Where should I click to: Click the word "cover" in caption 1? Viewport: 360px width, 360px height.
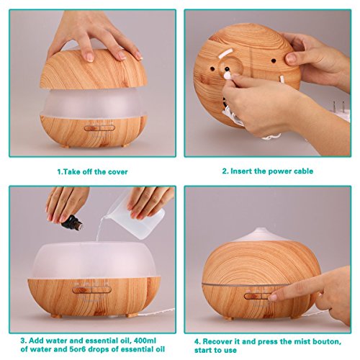pyautogui.click(x=117, y=172)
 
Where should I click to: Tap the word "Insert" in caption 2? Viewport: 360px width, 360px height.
pyautogui.click(x=241, y=171)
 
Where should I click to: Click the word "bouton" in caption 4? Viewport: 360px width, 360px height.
pyautogui.click(x=328, y=341)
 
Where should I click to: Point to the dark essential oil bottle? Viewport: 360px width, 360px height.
pyautogui.click(x=72, y=223)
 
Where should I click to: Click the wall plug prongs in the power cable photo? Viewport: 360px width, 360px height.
pyautogui.click(x=339, y=107)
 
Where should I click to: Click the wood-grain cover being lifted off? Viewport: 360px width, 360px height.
pyautogui.click(x=94, y=70)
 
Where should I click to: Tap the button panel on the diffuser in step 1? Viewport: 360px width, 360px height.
pyautogui.click(x=99, y=128)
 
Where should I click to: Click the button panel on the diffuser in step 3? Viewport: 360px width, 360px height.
pyautogui.click(x=92, y=290)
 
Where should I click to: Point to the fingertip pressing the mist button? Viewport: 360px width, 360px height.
pyautogui.click(x=273, y=298)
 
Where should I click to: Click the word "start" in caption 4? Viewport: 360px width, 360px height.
pyautogui.click(x=204, y=350)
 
